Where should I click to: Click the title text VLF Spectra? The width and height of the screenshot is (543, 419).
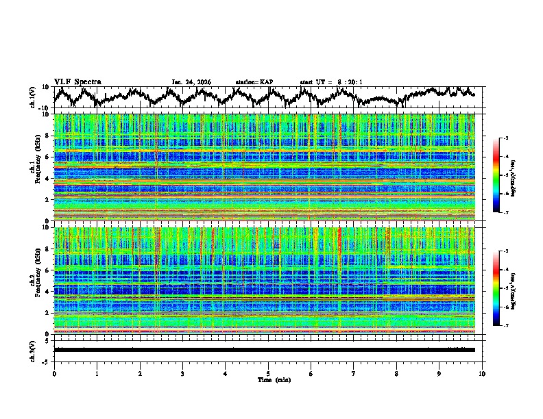[77, 81]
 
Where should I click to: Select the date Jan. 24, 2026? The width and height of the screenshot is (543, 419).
[191, 82]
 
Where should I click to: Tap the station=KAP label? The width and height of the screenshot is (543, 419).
[254, 82]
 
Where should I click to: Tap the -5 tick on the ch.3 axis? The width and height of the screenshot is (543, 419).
[47, 360]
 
